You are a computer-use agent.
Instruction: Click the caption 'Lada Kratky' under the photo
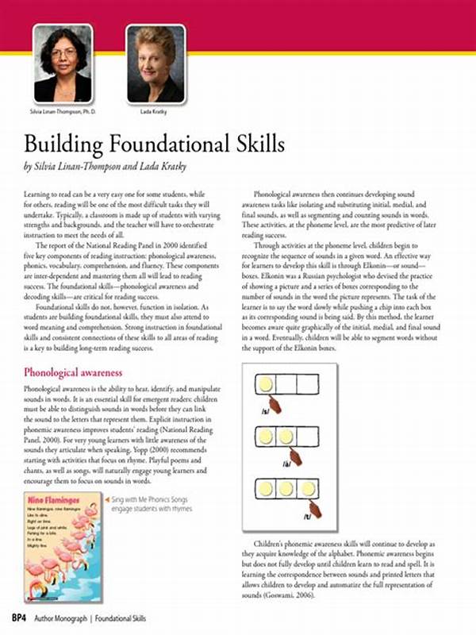click(x=156, y=112)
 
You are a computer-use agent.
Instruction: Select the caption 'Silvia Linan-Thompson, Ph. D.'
click(x=62, y=112)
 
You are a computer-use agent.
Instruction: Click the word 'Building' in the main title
click(x=67, y=146)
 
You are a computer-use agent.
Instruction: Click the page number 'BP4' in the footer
click(x=19, y=617)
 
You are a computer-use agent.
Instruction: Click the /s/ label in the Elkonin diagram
click(x=265, y=411)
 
